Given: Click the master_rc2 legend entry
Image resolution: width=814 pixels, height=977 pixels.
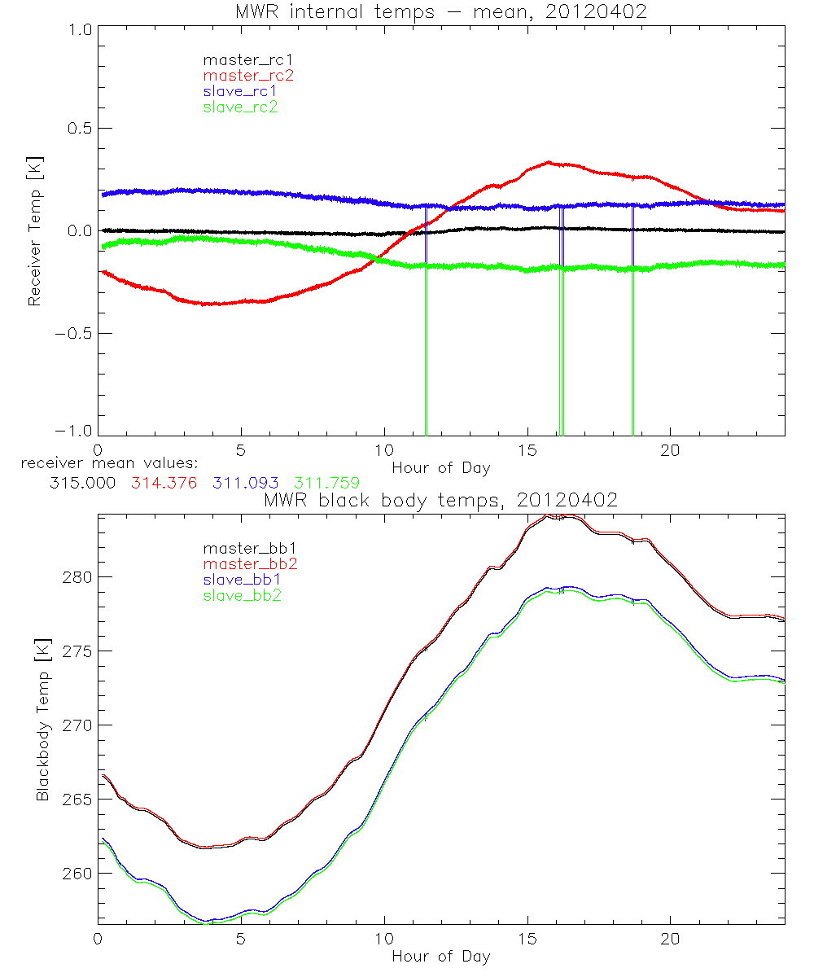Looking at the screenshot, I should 248,75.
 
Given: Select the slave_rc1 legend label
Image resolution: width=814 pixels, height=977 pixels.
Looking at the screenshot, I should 240,90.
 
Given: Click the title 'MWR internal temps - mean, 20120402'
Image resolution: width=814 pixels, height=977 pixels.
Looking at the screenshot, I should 441,12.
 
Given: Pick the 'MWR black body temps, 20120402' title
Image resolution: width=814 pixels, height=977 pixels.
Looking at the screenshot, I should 440,500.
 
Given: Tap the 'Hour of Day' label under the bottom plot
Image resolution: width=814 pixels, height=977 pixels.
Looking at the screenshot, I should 441,957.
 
